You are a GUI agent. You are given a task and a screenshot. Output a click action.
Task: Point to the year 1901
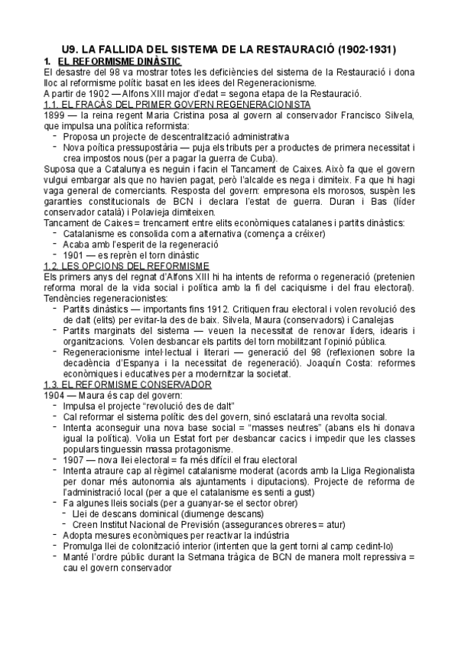click(x=75, y=254)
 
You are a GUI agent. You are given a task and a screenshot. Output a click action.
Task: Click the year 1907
click(x=75, y=459)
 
